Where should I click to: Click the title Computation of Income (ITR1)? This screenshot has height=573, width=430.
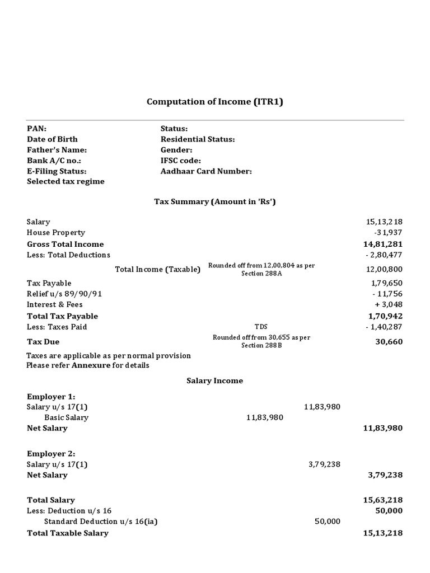(x=219, y=102)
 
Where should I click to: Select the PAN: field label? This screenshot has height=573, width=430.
(x=37, y=129)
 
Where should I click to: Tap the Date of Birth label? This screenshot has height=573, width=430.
(x=52, y=139)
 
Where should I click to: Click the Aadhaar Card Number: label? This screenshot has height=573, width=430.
(x=206, y=171)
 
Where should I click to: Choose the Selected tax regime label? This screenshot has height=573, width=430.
(x=66, y=182)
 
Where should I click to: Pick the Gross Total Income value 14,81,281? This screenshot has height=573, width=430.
(x=383, y=244)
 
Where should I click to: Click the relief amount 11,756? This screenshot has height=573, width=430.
(x=387, y=294)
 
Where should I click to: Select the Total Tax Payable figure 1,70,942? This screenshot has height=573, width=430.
(x=383, y=316)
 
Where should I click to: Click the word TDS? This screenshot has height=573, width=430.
(x=261, y=327)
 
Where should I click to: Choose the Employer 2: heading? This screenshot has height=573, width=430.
(x=51, y=454)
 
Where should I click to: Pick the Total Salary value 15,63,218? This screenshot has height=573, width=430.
(x=383, y=500)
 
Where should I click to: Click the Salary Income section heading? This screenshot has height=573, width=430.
(x=215, y=381)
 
